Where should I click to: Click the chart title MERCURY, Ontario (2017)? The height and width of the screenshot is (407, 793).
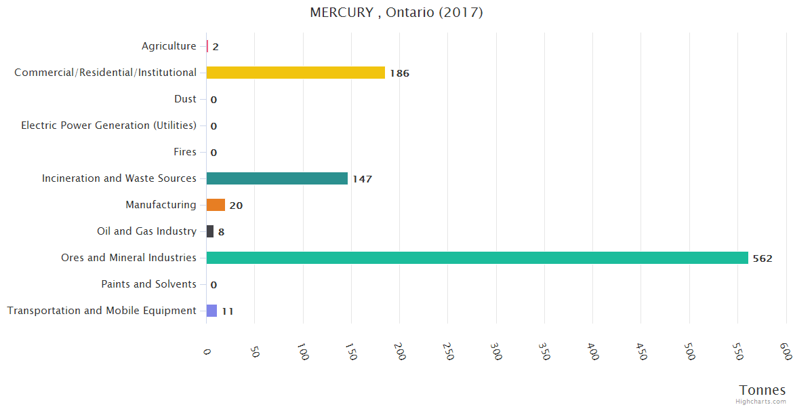pyautogui.click(x=396, y=12)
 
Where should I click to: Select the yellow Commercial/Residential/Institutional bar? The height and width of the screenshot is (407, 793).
pyautogui.click(x=296, y=73)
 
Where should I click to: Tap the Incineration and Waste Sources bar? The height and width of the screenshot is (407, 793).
pyautogui.click(x=277, y=178)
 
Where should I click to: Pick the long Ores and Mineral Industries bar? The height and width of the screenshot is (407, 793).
pyautogui.click(x=477, y=258)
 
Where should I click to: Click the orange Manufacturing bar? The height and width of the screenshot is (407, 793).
pyautogui.click(x=216, y=205)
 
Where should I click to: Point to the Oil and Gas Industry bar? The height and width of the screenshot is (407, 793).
pyautogui.click(x=210, y=231)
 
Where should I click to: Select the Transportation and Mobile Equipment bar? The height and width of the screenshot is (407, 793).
pyautogui.click(x=211, y=311)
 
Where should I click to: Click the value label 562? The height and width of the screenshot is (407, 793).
pyautogui.click(x=762, y=258)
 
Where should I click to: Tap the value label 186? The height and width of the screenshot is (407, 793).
pyautogui.click(x=399, y=73)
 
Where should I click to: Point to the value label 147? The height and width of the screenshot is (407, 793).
pyautogui.click(x=362, y=179)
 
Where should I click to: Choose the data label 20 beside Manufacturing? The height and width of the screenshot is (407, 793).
pyautogui.click(x=236, y=206)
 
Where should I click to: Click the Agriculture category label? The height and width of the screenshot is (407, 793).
pyautogui.click(x=169, y=46)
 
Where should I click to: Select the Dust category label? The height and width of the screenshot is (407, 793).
pyautogui.click(x=185, y=99)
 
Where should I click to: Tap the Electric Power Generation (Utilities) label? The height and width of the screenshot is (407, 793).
pyautogui.click(x=108, y=125)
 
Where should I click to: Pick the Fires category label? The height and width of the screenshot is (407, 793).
pyautogui.click(x=184, y=152)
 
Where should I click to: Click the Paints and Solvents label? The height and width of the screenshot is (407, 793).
pyautogui.click(x=148, y=284)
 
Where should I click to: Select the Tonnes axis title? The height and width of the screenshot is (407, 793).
pyautogui.click(x=762, y=390)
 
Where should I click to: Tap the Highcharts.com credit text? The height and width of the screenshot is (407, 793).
pyautogui.click(x=761, y=402)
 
